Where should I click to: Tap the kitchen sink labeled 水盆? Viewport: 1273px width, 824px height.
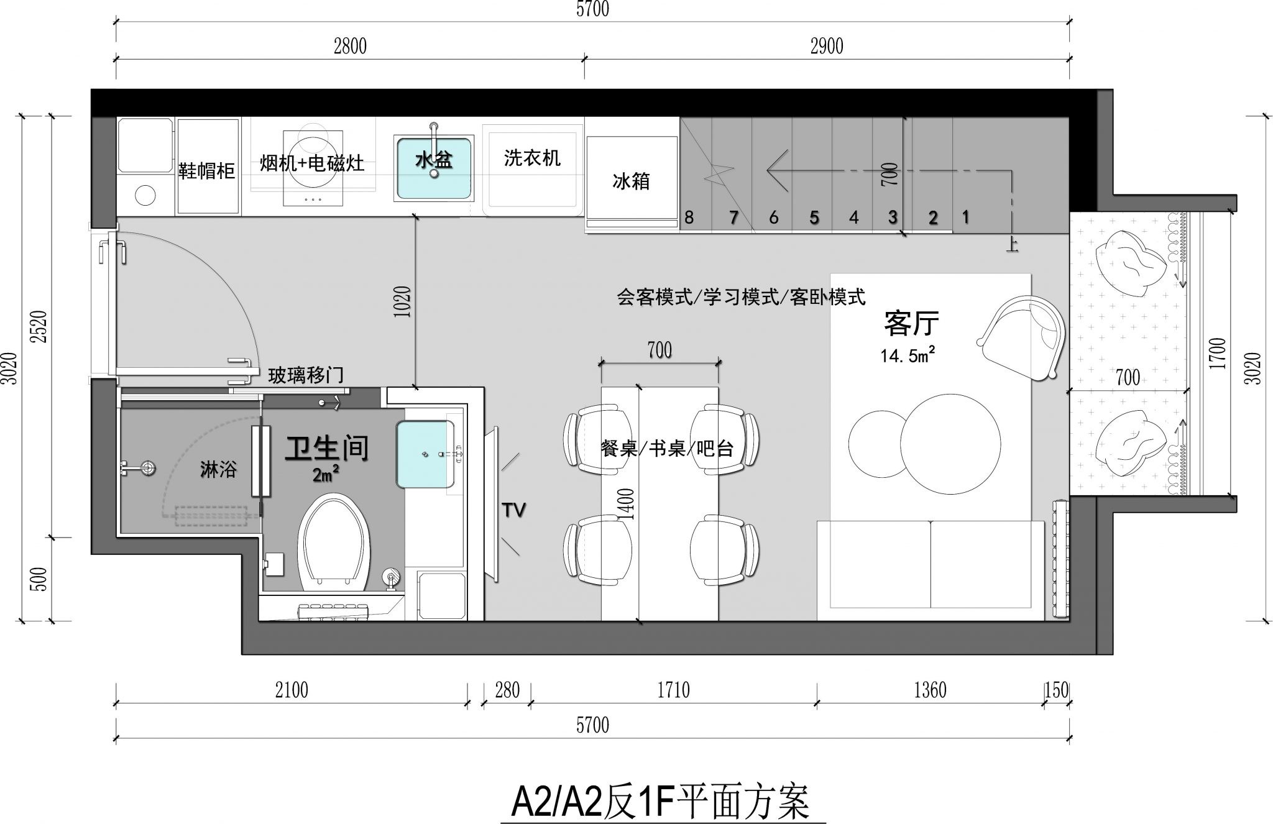coord(434,168)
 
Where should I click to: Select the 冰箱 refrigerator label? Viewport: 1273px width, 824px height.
coord(631,181)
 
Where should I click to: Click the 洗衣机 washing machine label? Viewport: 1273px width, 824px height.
coord(532,158)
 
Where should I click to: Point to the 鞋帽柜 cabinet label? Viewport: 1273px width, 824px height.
coord(206,170)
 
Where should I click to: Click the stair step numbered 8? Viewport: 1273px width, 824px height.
coord(689,217)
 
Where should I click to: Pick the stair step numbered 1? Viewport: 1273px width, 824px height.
coord(965,217)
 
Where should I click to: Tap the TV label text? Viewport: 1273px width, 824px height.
coord(514,510)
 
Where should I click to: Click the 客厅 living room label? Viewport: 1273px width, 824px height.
coord(911,323)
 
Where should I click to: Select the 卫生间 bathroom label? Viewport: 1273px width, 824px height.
coord(327,448)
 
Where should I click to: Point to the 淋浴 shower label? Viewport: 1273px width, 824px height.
coord(218,469)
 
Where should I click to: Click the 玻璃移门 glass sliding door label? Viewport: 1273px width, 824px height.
coord(306,375)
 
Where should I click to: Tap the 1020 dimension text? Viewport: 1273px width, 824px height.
coord(403,302)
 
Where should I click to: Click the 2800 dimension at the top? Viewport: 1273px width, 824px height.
coord(350,47)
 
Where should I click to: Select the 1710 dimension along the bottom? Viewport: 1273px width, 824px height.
coord(673,690)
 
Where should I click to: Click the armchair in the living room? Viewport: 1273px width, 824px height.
coord(1021,336)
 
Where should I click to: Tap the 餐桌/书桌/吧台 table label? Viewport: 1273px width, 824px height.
coord(667,448)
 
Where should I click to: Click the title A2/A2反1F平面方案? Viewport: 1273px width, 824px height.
coord(660,802)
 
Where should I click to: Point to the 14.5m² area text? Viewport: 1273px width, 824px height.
coord(908,355)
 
